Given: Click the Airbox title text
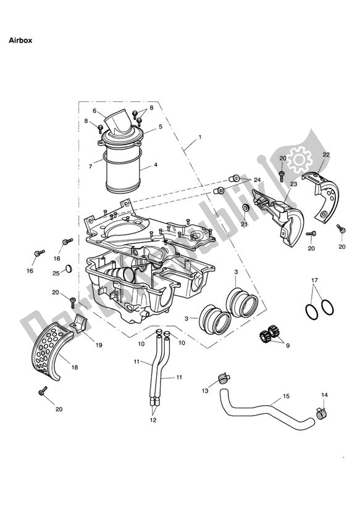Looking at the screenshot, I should tap(19, 40).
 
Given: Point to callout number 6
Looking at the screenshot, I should tap(94, 111).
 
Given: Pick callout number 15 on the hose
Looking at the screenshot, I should tap(285, 395).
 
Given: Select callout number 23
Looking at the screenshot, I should tap(293, 183).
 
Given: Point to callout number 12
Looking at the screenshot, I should tap(152, 420).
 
